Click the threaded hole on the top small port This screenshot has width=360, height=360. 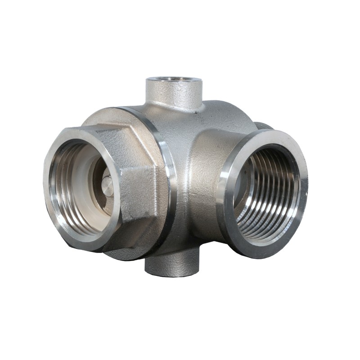[173, 80]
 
